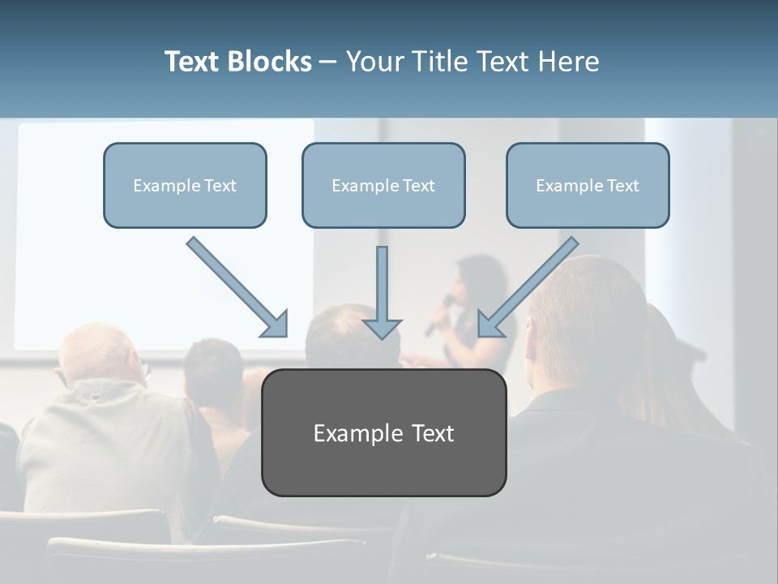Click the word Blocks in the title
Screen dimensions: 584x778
pyautogui.click(x=271, y=62)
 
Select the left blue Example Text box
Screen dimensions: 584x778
pyautogui.click(x=185, y=185)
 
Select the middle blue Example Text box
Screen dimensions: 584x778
pyautogui.click(x=383, y=185)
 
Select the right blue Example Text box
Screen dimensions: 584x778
pyautogui.click(x=588, y=185)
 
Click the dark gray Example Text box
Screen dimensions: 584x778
pyautogui.click(x=383, y=432)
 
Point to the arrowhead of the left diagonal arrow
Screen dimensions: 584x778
pyautogui.click(x=276, y=324)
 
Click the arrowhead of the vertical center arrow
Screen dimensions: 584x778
pyautogui.click(x=382, y=328)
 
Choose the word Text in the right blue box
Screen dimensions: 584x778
pyautogui.click(x=622, y=185)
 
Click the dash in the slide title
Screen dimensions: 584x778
pyautogui.click(x=328, y=62)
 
